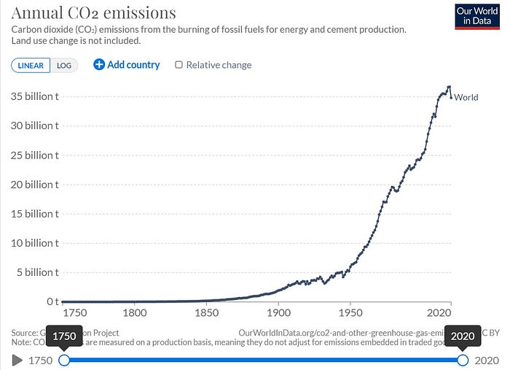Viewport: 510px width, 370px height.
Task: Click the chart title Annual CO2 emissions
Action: click(94, 12)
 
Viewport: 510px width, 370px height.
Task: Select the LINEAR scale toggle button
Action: click(31, 65)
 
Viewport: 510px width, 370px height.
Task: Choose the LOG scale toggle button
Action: click(64, 65)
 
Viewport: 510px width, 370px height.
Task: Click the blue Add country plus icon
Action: click(99, 64)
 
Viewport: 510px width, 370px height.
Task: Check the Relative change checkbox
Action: click(178, 65)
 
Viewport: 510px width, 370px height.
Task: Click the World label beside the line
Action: click(466, 97)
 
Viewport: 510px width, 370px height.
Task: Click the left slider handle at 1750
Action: click(63, 360)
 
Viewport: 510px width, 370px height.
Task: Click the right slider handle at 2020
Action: click(463, 360)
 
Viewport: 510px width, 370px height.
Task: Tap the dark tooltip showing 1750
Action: click(64, 336)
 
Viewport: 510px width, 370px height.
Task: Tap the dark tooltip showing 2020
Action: click(462, 336)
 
